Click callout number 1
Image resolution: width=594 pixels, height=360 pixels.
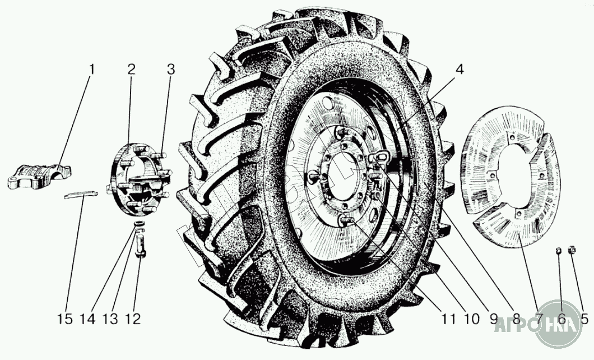(x=92, y=70)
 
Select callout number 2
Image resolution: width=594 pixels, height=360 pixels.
(x=131, y=70)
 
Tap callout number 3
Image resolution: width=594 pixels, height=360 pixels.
(x=171, y=70)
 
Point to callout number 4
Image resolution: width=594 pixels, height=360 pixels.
(x=460, y=70)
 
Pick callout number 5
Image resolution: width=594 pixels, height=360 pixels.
(x=584, y=319)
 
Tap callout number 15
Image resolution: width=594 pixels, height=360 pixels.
(x=65, y=319)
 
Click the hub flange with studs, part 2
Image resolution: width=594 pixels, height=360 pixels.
(x=140, y=179)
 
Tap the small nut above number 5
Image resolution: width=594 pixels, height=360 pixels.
(x=572, y=250)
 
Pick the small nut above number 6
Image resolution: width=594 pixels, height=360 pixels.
(x=558, y=250)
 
